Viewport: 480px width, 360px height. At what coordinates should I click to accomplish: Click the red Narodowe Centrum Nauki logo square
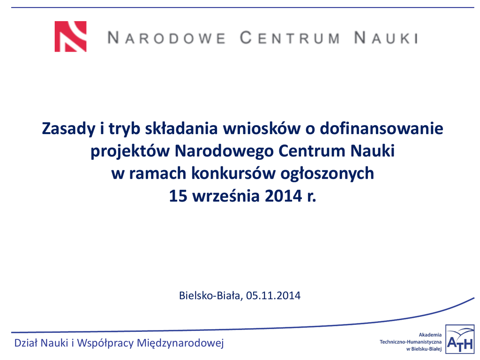click(70, 37)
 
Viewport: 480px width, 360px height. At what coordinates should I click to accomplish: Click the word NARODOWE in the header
click(167, 38)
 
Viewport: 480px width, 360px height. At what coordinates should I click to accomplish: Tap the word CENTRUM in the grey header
click(290, 38)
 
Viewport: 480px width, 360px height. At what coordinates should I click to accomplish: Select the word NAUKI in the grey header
click(386, 38)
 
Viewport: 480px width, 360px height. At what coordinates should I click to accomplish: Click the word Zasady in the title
click(68, 129)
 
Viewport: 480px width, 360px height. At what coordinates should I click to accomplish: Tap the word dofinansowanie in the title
click(382, 128)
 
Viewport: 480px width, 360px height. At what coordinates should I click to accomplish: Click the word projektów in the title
click(130, 151)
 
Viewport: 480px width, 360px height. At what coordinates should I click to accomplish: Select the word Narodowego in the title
click(224, 151)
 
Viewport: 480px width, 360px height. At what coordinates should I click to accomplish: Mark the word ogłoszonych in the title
click(327, 174)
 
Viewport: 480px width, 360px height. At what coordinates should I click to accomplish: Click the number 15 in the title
click(178, 196)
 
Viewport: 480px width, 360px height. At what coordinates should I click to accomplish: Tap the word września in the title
click(226, 196)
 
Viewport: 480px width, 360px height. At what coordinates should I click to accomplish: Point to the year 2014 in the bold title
click(284, 196)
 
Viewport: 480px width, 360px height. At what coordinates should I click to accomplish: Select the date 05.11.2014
click(273, 296)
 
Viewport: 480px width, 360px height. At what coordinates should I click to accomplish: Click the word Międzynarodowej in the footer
click(180, 343)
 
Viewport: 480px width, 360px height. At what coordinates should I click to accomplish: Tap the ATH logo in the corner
click(459, 339)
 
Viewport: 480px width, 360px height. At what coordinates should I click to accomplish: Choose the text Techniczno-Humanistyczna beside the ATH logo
click(411, 342)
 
